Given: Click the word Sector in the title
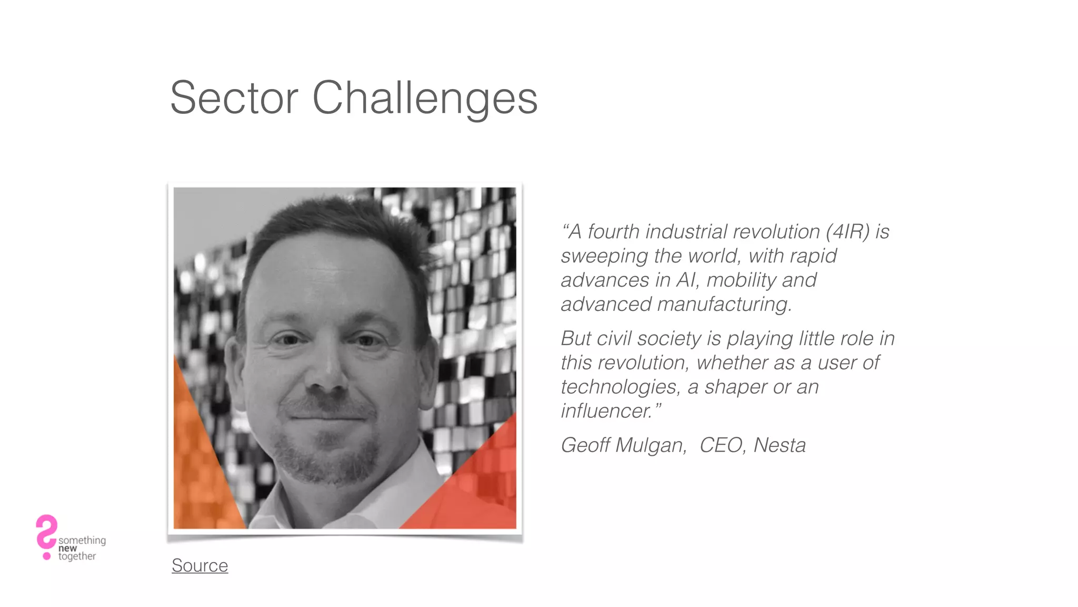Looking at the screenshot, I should click(234, 98).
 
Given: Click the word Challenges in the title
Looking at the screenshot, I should click(425, 98).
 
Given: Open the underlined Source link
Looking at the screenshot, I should click(199, 565).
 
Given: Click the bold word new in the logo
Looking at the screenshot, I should click(67, 549).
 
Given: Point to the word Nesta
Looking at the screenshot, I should click(779, 445).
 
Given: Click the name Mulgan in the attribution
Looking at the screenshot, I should click(651, 446).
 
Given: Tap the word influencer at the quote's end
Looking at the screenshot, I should click(606, 411).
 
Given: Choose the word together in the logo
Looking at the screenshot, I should click(77, 556).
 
